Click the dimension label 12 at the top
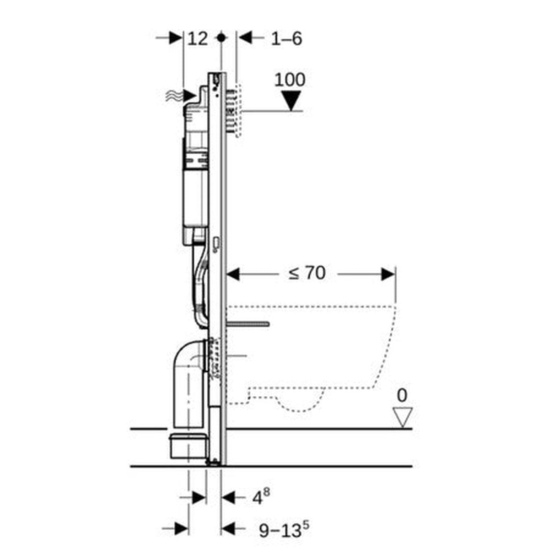click(x=198, y=38)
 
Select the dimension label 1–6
click(x=286, y=38)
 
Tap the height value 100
click(x=290, y=80)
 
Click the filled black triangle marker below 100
click(x=290, y=100)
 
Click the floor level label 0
click(x=402, y=395)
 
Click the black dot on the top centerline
click(x=221, y=38)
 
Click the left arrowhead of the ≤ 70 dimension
click(x=234, y=274)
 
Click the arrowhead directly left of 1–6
click(x=245, y=38)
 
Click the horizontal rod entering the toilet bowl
click(x=249, y=324)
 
